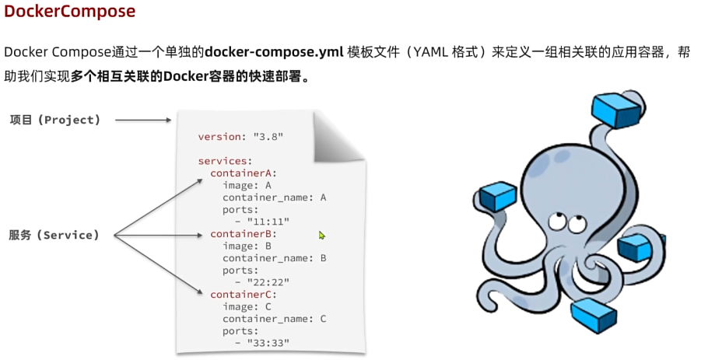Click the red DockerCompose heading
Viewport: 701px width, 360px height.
coord(70,12)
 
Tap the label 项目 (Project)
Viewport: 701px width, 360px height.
coord(55,120)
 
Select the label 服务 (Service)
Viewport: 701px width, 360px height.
coord(54,235)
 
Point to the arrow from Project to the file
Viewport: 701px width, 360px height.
coord(142,120)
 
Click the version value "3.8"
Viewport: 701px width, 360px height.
coord(268,137)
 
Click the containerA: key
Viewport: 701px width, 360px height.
coord(244,173)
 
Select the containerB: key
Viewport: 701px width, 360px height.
coord(244,234)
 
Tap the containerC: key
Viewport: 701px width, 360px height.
coord(244,295)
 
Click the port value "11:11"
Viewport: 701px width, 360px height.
coord(268,222)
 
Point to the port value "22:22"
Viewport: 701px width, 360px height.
coord(268,282)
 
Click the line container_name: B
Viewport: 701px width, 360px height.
coord(274,258)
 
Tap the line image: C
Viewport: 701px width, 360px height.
coord(247,306)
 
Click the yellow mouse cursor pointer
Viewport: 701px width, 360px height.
coord(322,235)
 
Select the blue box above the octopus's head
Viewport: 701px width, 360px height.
coord(615,110)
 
